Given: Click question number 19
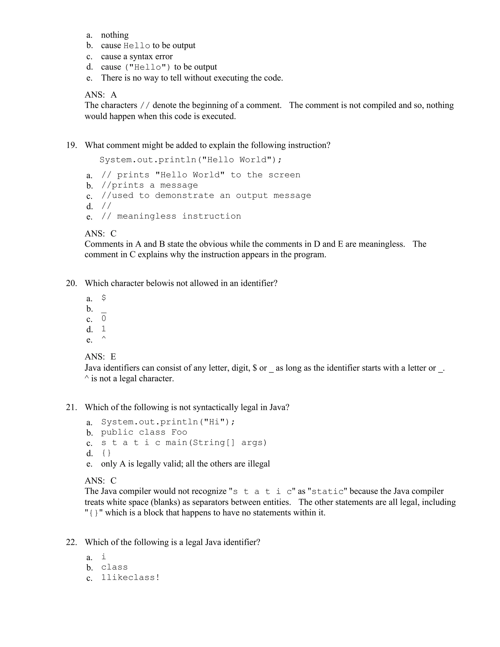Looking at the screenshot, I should pos(71,145).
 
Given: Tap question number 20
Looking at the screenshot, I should pos(71,283).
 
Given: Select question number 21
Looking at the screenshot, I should pos(71,407).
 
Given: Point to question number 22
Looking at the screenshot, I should pos(71,542).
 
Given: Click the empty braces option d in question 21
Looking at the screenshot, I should pos(106,453).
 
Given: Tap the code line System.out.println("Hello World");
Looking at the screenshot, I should pos(190,160).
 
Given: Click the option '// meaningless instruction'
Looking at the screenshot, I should pos(171,216).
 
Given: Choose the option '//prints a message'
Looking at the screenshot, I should pos(150,185).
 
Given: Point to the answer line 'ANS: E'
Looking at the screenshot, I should pos(100,356).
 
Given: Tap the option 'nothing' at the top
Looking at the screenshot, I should pos(115,35).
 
